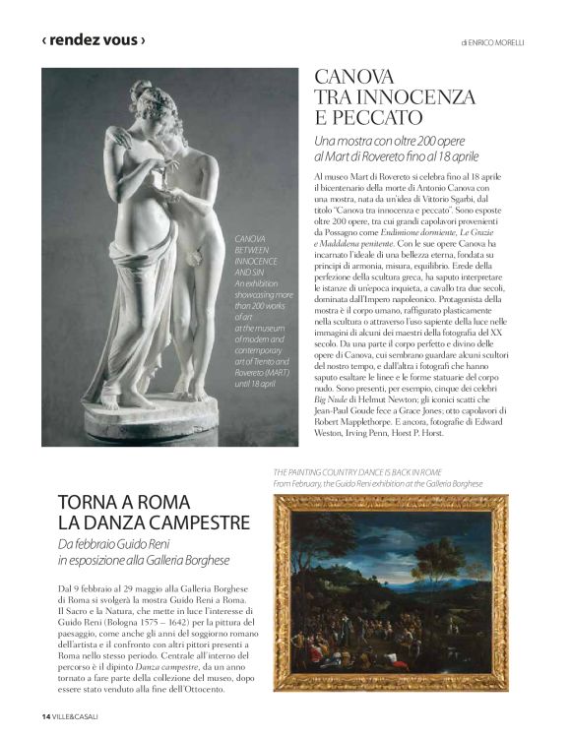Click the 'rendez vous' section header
[94, 40]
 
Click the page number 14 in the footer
[45, 714]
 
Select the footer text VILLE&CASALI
[79, 714]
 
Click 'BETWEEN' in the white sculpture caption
[250, 251]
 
